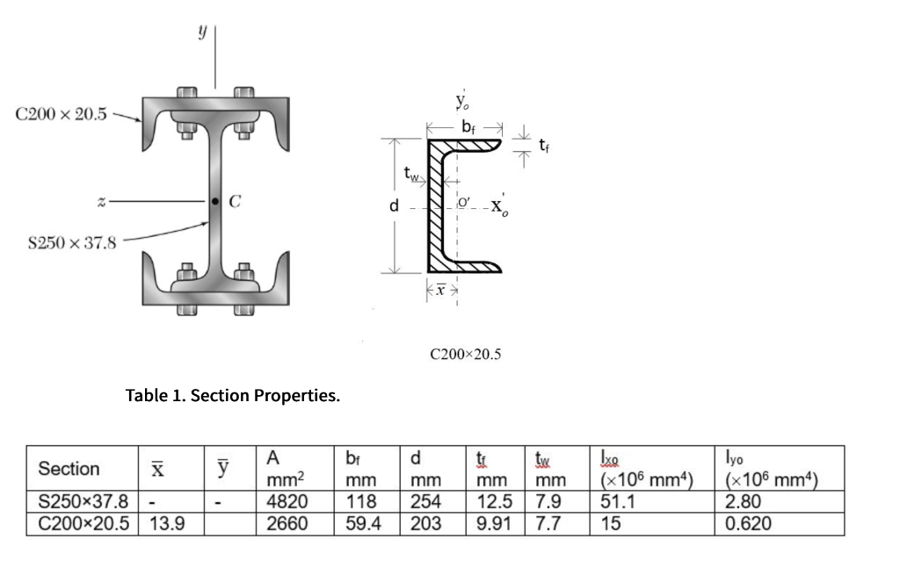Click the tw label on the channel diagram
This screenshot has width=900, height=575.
click(410, 173)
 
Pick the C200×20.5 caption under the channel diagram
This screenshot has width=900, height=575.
click(465, 355)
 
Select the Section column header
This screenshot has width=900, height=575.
click(69, 469)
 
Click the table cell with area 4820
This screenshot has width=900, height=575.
click(287, 502)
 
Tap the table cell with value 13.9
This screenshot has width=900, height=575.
click(160, 524)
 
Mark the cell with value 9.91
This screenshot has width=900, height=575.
click(491, 524)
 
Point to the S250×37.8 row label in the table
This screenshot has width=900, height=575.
click(83, 502)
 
